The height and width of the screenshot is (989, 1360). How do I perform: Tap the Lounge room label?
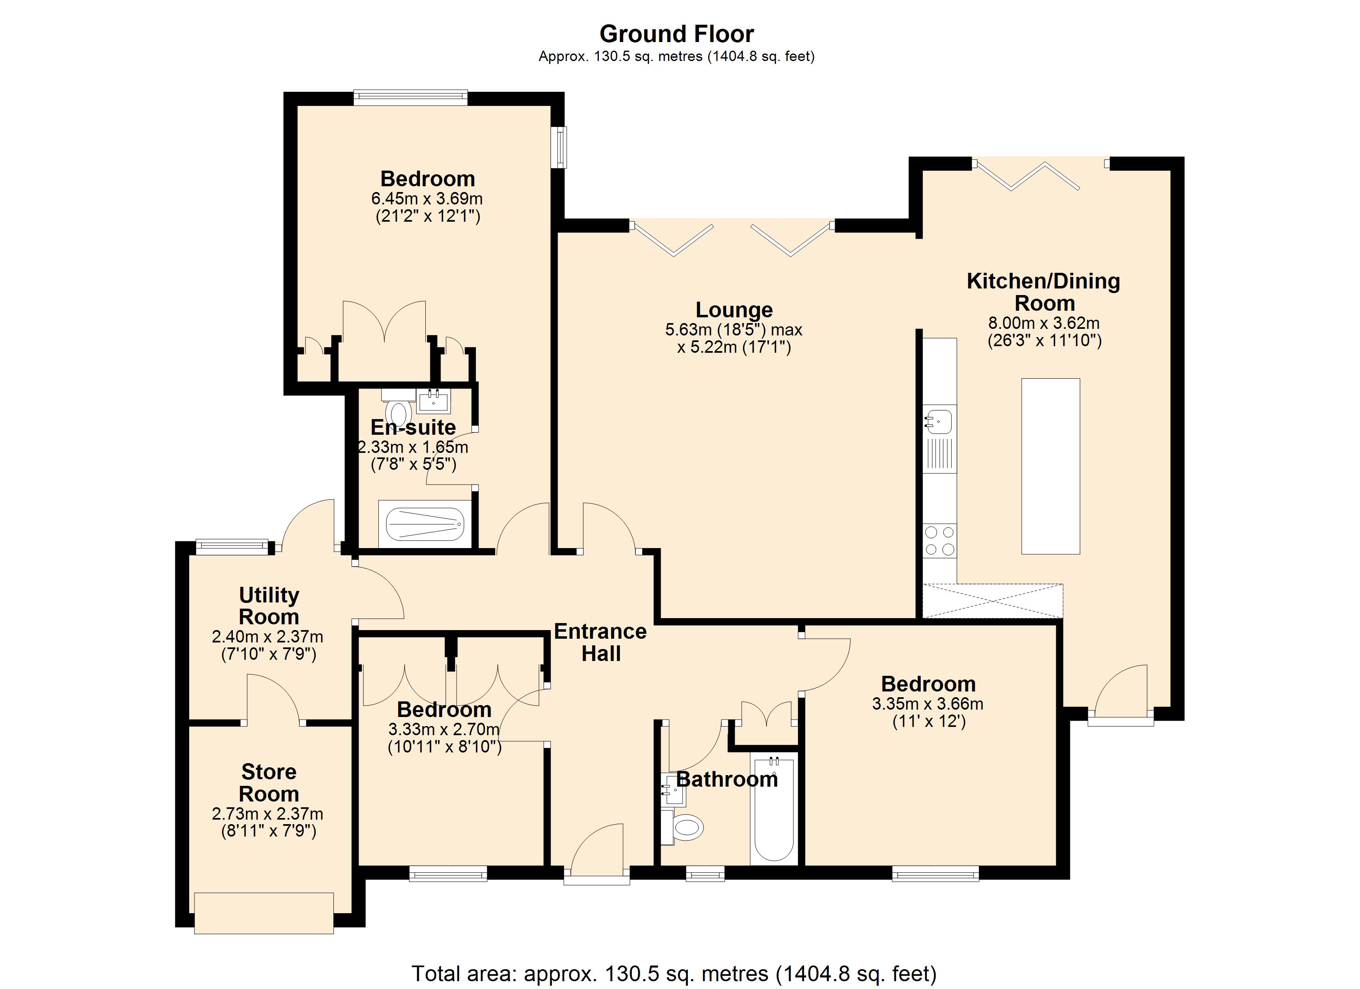click(734, 310)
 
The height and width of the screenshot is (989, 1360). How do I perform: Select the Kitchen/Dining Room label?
click(1043, 291)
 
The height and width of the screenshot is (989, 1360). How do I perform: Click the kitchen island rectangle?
click(1050, 466)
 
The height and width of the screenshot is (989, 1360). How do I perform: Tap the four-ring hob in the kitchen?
click(940, 540)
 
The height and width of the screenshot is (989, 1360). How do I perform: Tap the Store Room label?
click(269, 783)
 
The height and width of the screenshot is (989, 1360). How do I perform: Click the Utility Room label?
click(269, 606)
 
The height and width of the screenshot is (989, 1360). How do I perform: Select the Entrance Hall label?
click(600, 642)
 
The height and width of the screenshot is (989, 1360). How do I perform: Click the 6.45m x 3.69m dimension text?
click(427, 199)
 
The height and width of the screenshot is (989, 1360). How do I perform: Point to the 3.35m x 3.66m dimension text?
click(928, 703)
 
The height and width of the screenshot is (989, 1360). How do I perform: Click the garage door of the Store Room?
click(264, 913)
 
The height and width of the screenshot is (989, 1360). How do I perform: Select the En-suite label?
click(413, 428)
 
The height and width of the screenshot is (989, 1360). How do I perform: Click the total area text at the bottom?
click(674, 973)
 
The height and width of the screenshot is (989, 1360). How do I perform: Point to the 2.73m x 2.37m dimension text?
click(267, 814)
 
